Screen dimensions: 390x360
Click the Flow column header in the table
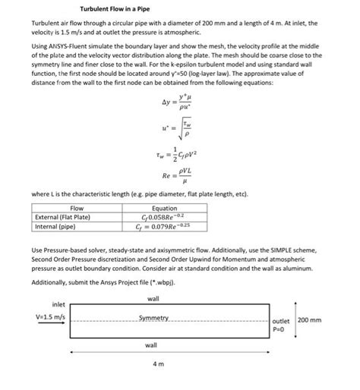[x=77, y=208]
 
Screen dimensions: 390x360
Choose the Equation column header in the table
[x=164, y=208]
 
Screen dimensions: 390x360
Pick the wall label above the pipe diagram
[x=153, y=299]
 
